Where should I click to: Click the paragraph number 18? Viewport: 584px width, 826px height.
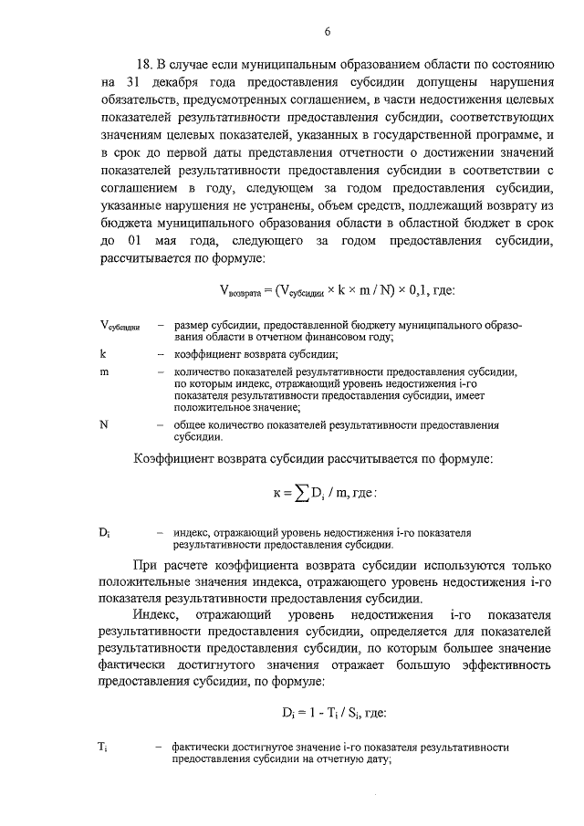coord(143,66)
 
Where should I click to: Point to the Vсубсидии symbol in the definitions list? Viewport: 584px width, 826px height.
coord(119,327)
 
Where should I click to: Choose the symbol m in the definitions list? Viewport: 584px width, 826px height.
coord(105,372)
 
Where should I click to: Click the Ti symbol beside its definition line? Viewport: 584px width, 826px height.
coord(103,748)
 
